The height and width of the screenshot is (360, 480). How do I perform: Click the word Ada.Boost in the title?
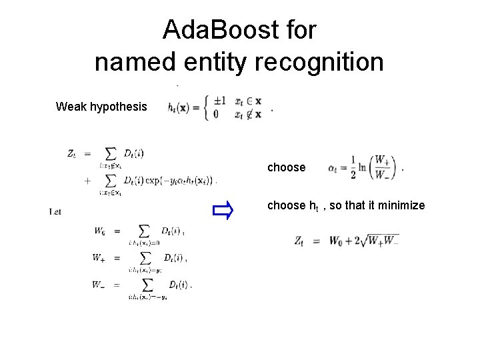[207, 30]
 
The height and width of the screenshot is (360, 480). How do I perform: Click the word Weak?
[69, 107]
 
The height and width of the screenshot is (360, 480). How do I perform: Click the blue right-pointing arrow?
[221, 211]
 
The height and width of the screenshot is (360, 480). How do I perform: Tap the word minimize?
[401, 205]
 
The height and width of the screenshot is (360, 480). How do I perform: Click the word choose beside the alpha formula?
[286, 167]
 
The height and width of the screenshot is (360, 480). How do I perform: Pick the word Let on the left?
[55, 211]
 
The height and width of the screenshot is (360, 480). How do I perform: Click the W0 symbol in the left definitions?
[99, 231]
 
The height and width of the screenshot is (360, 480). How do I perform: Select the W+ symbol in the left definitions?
[99, 258]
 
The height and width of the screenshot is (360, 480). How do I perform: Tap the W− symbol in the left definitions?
[99, 285]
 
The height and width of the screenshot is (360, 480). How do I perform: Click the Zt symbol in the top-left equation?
[73, 153]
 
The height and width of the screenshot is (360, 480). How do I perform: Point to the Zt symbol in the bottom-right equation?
[299, 241]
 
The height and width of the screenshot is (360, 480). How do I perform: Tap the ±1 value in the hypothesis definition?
[220, 101]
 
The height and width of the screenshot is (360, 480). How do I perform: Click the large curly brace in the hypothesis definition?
[207, 107]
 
